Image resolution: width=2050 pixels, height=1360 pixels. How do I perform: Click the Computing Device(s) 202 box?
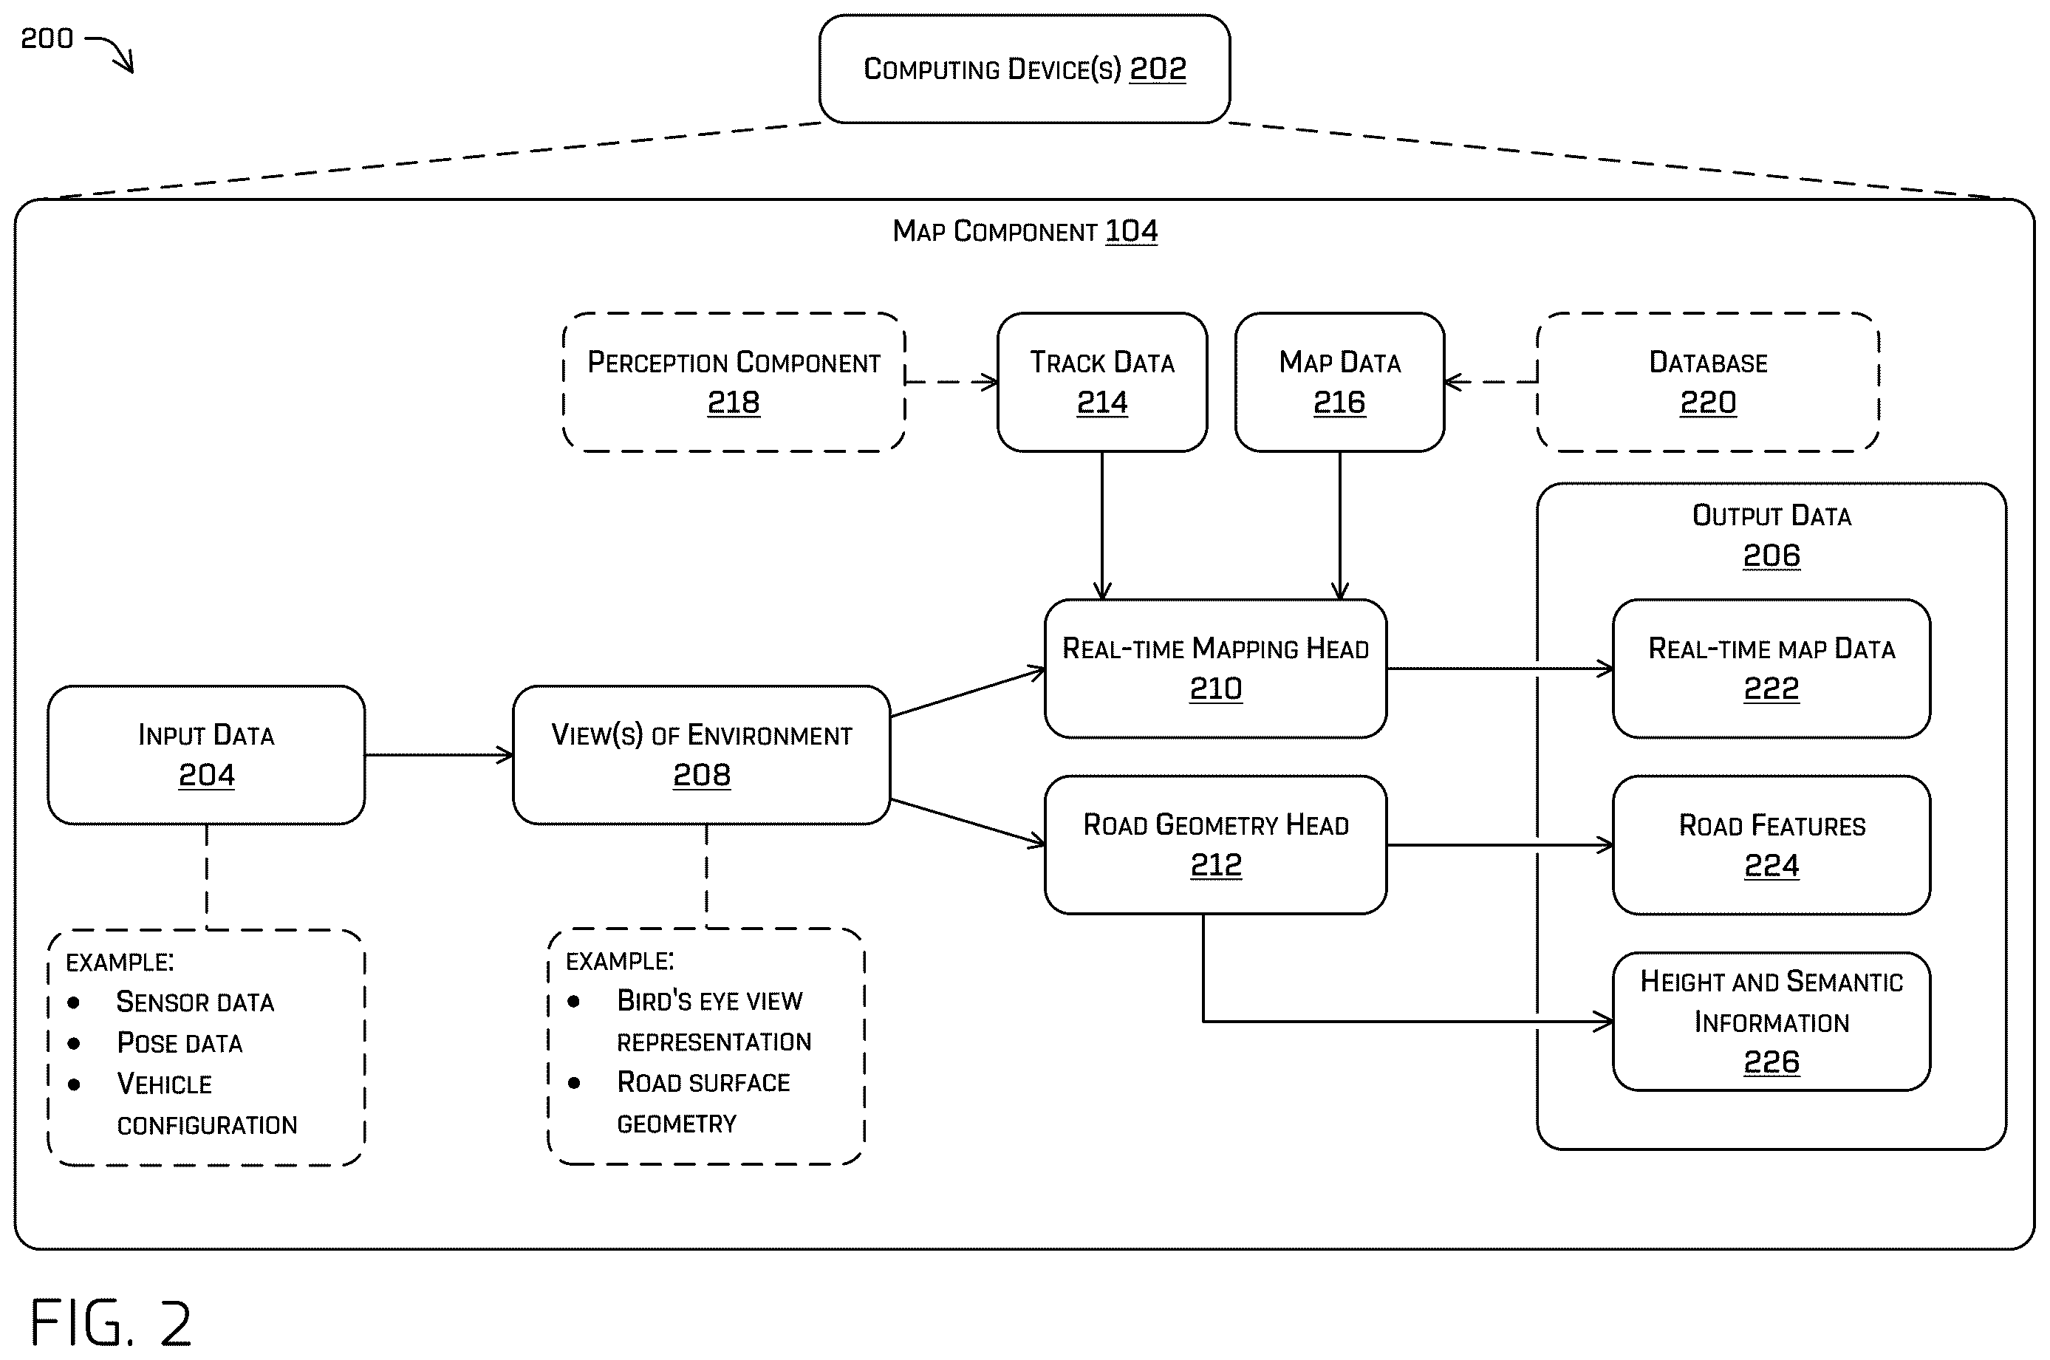[1024, 69]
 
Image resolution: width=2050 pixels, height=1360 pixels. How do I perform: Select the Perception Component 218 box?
[734, 382]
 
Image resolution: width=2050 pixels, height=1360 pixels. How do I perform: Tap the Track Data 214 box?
[1102, 382]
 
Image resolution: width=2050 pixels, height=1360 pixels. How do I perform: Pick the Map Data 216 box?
[1340, 382]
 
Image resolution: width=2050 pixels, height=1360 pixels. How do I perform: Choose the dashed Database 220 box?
[1707, 382]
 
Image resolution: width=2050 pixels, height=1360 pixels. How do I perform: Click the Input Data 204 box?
[206, 754]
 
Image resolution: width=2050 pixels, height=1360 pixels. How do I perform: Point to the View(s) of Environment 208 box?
[702, 754]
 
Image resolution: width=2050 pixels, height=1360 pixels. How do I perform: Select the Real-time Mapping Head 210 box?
[1216, 669]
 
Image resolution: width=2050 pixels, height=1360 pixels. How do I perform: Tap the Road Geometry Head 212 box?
[1216, 845]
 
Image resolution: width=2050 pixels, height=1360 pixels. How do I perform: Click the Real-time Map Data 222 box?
[1771, 669]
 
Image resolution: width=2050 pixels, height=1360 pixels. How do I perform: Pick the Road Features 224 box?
[1771, 845]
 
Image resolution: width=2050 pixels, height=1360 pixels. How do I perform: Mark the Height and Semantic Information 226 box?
[1771, 1021]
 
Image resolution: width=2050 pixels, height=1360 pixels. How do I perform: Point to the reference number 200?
[47, 38]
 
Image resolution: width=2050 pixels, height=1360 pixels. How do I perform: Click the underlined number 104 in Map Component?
[1132, 230]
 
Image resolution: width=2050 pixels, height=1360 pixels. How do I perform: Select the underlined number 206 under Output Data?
[1771, 555]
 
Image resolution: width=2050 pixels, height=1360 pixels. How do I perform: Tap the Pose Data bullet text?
[180, 1042]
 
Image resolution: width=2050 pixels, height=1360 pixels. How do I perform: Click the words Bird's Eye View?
[709, 1001]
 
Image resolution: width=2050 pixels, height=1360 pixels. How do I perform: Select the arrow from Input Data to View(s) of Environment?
[439, 754]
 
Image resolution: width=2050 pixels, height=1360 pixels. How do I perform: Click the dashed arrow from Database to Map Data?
[1491, 382]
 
